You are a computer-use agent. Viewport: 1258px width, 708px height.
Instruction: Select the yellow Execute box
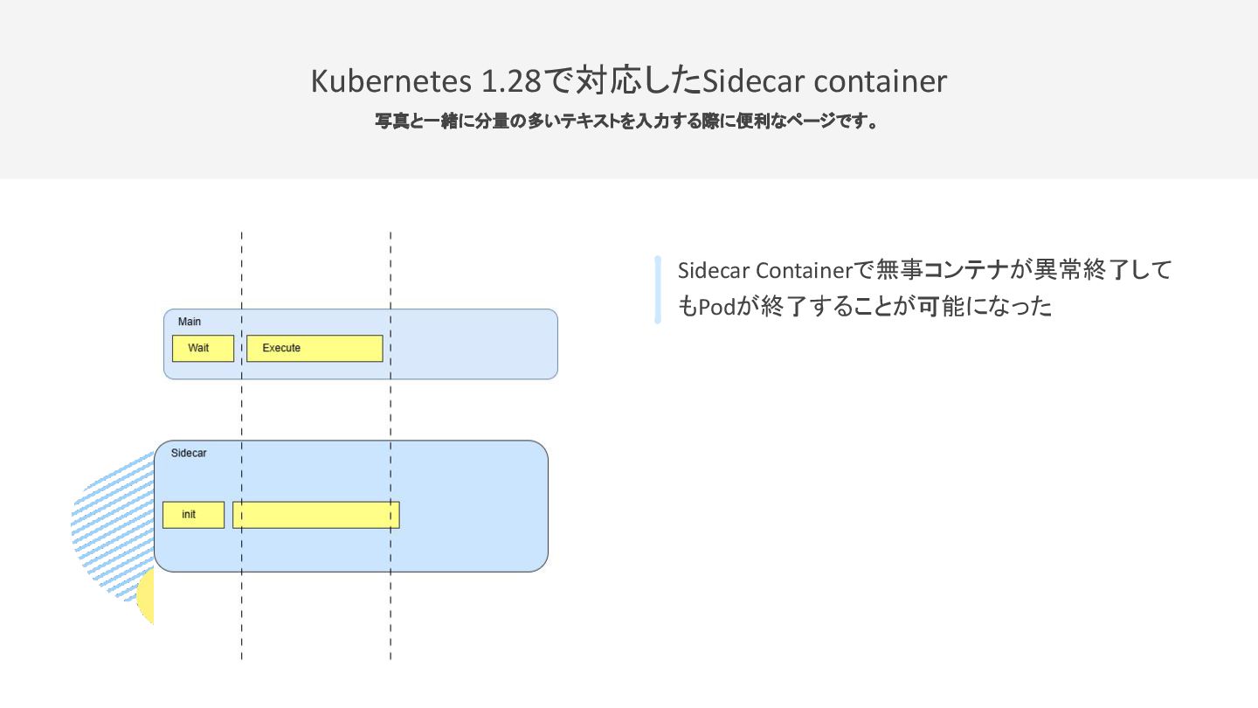coord(314,348)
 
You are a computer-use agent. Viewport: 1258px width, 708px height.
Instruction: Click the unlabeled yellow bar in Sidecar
coord(315,515)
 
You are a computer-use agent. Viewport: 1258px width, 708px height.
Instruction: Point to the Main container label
coord(190,322)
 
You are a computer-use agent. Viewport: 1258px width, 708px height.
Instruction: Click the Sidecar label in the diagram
coord(189,453)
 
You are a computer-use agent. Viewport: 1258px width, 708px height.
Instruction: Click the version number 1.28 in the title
coord(512,81)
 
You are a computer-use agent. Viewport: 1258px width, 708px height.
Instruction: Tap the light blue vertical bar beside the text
coord(658,289)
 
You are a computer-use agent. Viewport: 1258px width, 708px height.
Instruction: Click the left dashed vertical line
coord(242,420)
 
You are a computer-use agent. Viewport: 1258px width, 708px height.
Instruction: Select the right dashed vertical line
coord(391,420)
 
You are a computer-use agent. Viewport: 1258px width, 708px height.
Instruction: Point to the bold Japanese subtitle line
coord(627,121)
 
